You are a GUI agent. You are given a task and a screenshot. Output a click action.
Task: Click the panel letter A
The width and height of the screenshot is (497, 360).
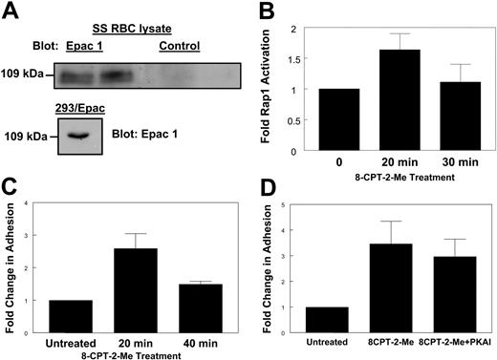pyautogui.click(x=10, y=11)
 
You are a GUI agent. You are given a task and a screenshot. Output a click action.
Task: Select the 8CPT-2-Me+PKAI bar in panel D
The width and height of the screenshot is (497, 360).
pyautogui.click(x=441, y=292)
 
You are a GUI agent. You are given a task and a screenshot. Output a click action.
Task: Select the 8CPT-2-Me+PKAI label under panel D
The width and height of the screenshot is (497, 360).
pyautogui.click(x=441, y=340)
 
